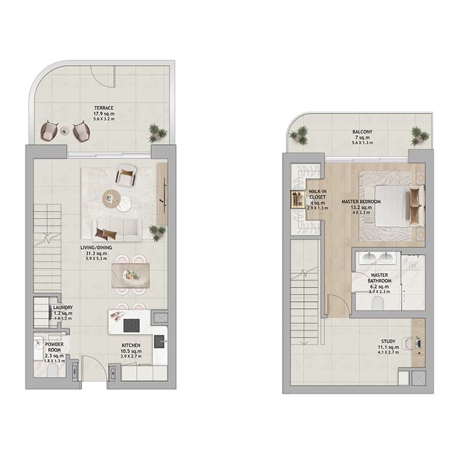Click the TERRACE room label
(x=104, y=108)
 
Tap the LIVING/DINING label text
(x=96, y=248)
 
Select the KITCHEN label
(x=131, y=346)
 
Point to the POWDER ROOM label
(x=54, y=347)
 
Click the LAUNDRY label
(x=63, y=308)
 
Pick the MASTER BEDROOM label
(x=361, y=202)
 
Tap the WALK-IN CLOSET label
(x=317, y=194)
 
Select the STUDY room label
(x=388, y=342)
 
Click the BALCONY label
(x=362, y=132)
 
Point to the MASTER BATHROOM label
(x=379, y=278)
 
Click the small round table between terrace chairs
(x=64, y=131)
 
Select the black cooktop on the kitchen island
(x=131, y=325)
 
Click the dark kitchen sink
(x=160, y=341)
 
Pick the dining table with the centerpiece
(x=131, y=275)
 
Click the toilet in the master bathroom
(x=377, y=304)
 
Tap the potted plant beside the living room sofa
(x=158, y=232)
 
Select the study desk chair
(x=408, y=344)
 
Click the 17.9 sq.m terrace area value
(x=104, y=113)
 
